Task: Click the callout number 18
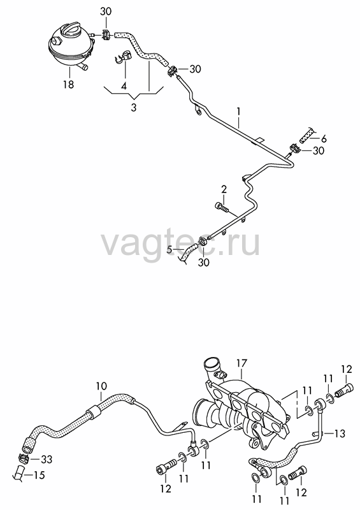[x=69, y=85]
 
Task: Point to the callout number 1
[x=238, y=112]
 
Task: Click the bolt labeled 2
[x=222, y=207]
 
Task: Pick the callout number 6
[x=323, y=139]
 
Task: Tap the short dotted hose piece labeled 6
[x=306, y=136]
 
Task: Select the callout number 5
[x=169, y=249]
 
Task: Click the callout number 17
[x=242, y=363]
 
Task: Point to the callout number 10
[x=101, y=386]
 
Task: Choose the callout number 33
[x=47, y=459]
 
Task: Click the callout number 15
[x=40, y=475]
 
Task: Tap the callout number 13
[x=340, y=433]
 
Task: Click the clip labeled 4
[x=123, y=55]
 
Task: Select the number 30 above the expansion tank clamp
[x=105, y=11]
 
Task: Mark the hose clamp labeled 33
[x=24, y=458]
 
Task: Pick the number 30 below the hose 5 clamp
[x=204, y=263]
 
